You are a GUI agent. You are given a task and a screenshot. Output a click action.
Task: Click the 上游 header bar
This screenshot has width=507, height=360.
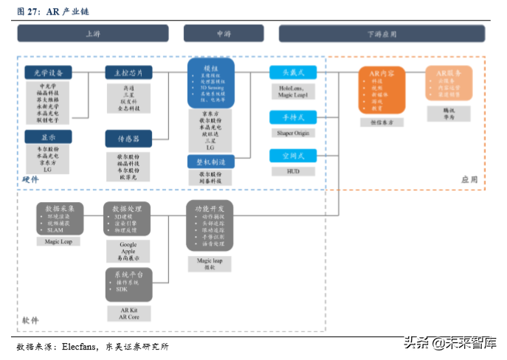point(93,33)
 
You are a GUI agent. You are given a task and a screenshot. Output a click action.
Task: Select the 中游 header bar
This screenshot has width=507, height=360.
point(224,33)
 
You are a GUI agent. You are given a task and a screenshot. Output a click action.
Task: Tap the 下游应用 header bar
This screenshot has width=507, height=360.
point(382,33)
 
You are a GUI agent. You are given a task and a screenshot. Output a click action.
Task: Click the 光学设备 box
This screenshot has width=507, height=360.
point(48,72)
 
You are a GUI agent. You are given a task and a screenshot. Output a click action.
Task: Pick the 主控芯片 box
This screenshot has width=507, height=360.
point(128,72)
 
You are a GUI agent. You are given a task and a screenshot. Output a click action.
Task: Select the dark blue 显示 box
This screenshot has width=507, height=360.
point(48,136)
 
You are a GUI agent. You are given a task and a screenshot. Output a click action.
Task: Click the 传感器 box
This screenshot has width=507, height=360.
point(128,138)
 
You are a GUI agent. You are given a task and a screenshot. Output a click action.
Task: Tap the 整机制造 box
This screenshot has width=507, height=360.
point(211,162)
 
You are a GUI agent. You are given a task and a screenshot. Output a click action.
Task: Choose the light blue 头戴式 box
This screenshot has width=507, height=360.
point(293,72)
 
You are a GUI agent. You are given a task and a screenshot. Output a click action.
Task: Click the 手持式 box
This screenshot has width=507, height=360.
point(293,117)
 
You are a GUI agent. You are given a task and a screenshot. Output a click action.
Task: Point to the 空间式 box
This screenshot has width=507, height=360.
point(293,156)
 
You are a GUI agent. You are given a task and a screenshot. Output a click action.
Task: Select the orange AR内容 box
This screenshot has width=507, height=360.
point(382,89)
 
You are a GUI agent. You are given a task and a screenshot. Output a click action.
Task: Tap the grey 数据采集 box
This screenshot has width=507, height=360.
point(60,219)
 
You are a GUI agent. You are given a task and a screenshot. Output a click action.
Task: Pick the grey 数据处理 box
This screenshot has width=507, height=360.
point(128,219)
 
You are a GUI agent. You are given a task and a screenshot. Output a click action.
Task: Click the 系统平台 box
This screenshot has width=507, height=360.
point(128,285)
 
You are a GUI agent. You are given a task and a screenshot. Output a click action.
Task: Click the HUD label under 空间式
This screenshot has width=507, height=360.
point(293,171)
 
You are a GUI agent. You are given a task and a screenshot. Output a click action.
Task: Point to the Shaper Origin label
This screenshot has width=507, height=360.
point(293,134)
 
